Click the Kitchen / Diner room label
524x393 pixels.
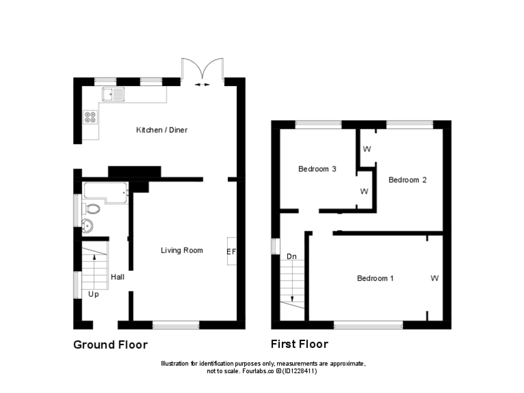click(x=162, y=130)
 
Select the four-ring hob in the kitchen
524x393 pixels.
click(x=90, y=117)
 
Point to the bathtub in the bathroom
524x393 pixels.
click(x=104, y=192)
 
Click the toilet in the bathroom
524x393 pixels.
click(x=91, y=208)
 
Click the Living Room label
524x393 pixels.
click(x=181, y=250)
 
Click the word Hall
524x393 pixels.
click(x=117, y=277)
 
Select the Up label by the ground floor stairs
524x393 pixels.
click(x=93, y=295)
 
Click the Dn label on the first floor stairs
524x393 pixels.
click(x=291, y=257)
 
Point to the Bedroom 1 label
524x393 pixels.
click(x=375, y=278)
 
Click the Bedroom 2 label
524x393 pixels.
click(x=407, y=180)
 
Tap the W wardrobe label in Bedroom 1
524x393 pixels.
click(x=435, y=278)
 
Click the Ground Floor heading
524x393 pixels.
click(x=110, y=345)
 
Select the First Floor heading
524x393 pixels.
click(x=299, y=344)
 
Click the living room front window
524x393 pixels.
click(x=176, y=324)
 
